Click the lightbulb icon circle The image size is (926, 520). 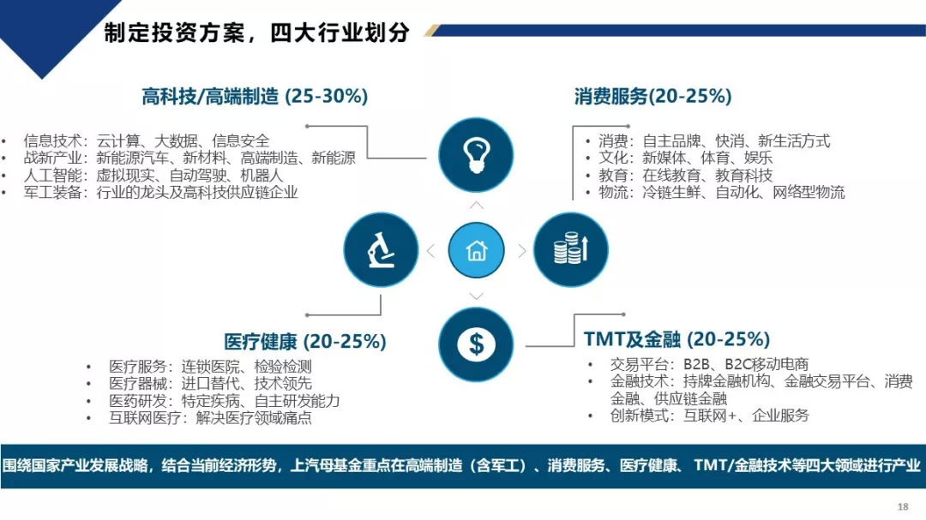pyautogui.click(x=475, y=155)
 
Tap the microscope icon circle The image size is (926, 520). pyautogui.click(x=381, y=249)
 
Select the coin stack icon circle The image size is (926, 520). pyautogui.click(x=570, y=249)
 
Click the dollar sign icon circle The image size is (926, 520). pyautogui.click(x=475, y=344)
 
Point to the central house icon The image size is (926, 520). pyautogui.click(x=476, y=250)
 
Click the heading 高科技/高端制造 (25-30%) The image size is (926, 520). pyautogui.click(x=255, y=96)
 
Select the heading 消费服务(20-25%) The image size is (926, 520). pyautogui.click(x=652, y=96)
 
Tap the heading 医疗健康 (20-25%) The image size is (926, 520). pyautogui.click(x=304, y=341)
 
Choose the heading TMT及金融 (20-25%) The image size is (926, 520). pyautogui.click(x=676, y=339)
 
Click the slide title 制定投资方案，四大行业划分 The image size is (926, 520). pyautogui.click(x=256, y=33)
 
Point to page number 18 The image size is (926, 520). pyautogui.click(x=902, y=506)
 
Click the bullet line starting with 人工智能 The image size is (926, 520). pyautogui.click(x=153, y=176)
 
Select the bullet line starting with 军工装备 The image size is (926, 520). pyautogui.click(x=160, y=193)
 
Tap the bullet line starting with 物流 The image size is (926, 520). pyautogui.click(x=722, y=192)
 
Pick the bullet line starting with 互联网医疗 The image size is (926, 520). pyautogui.click(x=210, y=418)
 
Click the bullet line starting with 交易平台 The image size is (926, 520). pyautogui.click(x=709, y=364)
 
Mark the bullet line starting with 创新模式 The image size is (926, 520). pyautogui.click(x=709, y=415)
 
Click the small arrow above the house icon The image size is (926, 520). pyautogui.click(x=476, y=206)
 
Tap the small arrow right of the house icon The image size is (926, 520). pyautogui.click(x=522, y=251)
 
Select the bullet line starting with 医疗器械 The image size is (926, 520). pyautogui.click(x=210, y=384)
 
